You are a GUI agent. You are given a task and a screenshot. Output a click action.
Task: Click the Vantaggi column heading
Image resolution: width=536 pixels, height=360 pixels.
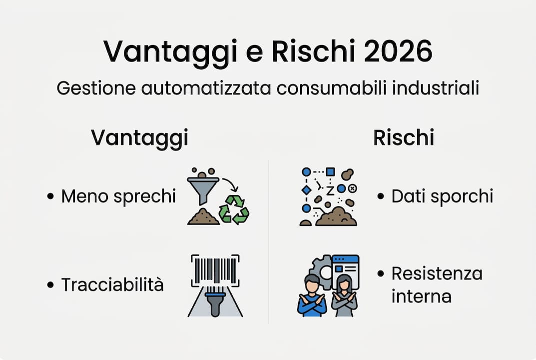click(139, 138)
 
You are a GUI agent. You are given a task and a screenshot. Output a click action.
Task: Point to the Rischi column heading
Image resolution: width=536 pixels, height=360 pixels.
click(404, 138)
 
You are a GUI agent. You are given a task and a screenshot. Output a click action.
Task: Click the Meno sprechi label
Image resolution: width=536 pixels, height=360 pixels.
click(118, 196)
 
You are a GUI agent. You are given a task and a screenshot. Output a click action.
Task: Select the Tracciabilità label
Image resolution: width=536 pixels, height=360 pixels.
click(112, 285)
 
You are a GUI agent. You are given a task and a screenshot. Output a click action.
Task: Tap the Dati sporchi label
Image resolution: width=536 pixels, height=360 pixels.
click(442, 196)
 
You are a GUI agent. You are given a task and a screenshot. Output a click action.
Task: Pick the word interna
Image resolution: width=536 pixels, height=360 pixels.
click(422, 296)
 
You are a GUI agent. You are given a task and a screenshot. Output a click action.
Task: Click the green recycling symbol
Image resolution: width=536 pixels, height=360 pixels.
click(234, 209)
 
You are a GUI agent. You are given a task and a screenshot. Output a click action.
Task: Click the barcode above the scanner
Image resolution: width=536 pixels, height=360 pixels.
click(215, 270)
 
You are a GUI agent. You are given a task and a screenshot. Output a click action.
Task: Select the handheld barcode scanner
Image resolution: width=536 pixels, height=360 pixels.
click(215, 300)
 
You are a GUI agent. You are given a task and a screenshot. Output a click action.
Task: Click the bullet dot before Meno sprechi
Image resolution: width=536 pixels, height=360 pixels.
click(50, 196)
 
